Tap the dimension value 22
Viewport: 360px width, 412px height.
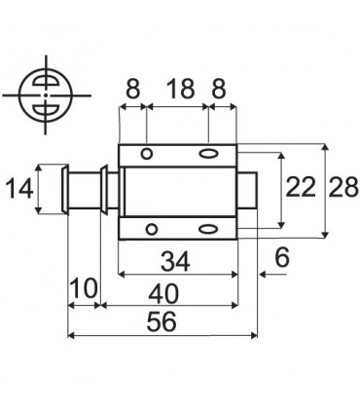point(301,188)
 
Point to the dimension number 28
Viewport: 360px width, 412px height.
point(343,188)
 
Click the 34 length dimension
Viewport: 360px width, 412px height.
point(175,262)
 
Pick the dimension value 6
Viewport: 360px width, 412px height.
point(281,258)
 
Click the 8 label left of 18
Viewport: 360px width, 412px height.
point(131,90)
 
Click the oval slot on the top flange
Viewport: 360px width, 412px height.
point(207,155)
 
